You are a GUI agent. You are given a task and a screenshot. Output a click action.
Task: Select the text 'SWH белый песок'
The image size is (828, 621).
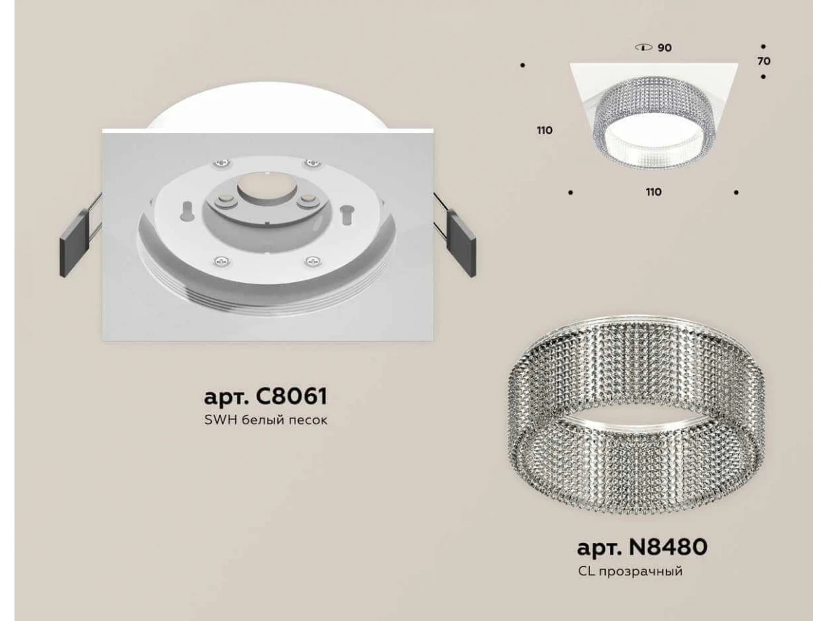(x=266, y=420)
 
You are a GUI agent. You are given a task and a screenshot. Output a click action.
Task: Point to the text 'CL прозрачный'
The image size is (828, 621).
(x=631, y=571)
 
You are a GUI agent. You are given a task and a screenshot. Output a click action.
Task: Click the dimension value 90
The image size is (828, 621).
(x=664, y=48)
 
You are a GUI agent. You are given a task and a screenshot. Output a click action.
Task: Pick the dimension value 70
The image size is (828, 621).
(x=764, y=61)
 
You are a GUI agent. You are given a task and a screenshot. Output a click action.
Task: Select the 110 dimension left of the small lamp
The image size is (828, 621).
(x=544, y=130)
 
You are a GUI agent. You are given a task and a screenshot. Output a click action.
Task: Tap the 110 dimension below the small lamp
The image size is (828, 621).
(x=653, y=193)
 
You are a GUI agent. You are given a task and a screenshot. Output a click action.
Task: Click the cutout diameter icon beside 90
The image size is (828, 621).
(x=644, y=48)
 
